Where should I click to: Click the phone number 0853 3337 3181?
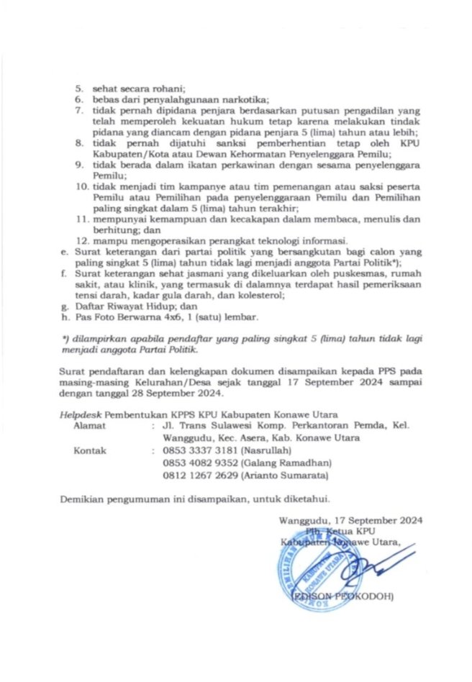point(194,451)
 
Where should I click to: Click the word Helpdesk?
point(81,414)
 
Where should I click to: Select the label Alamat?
point(90,426)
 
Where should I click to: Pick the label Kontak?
point(91,451)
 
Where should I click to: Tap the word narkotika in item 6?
point(244,99)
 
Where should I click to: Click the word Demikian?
point(80,497)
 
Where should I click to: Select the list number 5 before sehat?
point(81,87)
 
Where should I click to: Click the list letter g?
point(65,306)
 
